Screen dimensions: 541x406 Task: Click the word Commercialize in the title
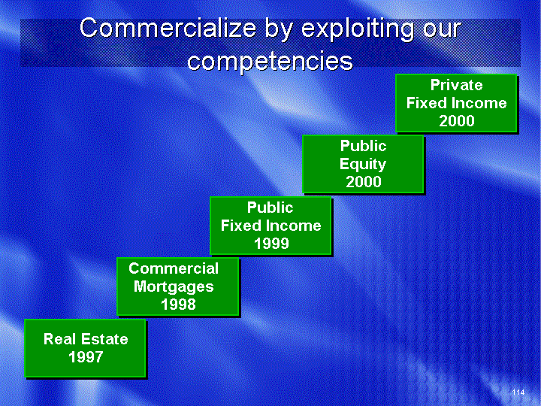click(x=168, y=28)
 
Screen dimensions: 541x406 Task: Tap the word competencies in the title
click(x=270, y=61)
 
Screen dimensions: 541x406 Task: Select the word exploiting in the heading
click(x=357, y=29)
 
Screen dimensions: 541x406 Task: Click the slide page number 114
click(x=518, y=392)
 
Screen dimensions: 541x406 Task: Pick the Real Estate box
click(x=85, y=348)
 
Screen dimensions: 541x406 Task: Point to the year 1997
click(x=86, y=357)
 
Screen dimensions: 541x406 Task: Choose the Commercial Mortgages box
click(x=178, y=286)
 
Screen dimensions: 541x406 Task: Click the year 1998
click(x=178, y=304)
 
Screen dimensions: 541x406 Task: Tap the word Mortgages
click(x=174, y=287)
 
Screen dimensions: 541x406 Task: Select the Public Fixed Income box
click(x=270, y=226)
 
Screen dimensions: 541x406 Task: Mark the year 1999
click(x=271, y=244)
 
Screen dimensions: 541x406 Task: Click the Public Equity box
click(x=364, y=164)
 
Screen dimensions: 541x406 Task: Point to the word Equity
click(x=363, y=164)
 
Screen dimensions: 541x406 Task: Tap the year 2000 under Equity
click(x=364, y=182)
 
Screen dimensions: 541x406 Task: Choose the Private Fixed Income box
click(x=457, y=103)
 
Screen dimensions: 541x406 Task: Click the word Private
click(x=457, y=85)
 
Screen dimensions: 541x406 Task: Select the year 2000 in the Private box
click(x=457, y=121)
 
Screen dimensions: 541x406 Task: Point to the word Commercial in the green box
click(x=174, y=268)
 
